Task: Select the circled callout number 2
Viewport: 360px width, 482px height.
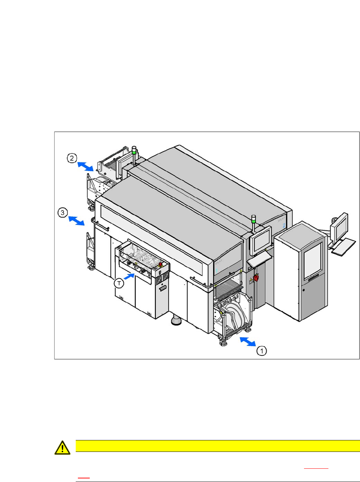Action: coord(72,158)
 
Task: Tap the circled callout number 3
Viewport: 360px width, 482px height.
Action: coord(62,213)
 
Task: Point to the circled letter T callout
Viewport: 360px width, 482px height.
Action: coord(119,283)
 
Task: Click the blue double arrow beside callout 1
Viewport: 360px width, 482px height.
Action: coord(248,341)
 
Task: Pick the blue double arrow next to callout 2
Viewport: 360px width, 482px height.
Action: coord(85,166)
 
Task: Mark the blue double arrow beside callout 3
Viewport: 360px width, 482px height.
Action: coord(76,221)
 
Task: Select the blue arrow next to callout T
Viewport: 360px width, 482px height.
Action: coord(130,277)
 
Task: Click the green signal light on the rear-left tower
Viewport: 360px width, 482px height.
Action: coord(134,152)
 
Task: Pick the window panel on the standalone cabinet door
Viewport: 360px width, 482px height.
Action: coord(313,260)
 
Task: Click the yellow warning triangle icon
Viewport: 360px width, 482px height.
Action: coord(62,448)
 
